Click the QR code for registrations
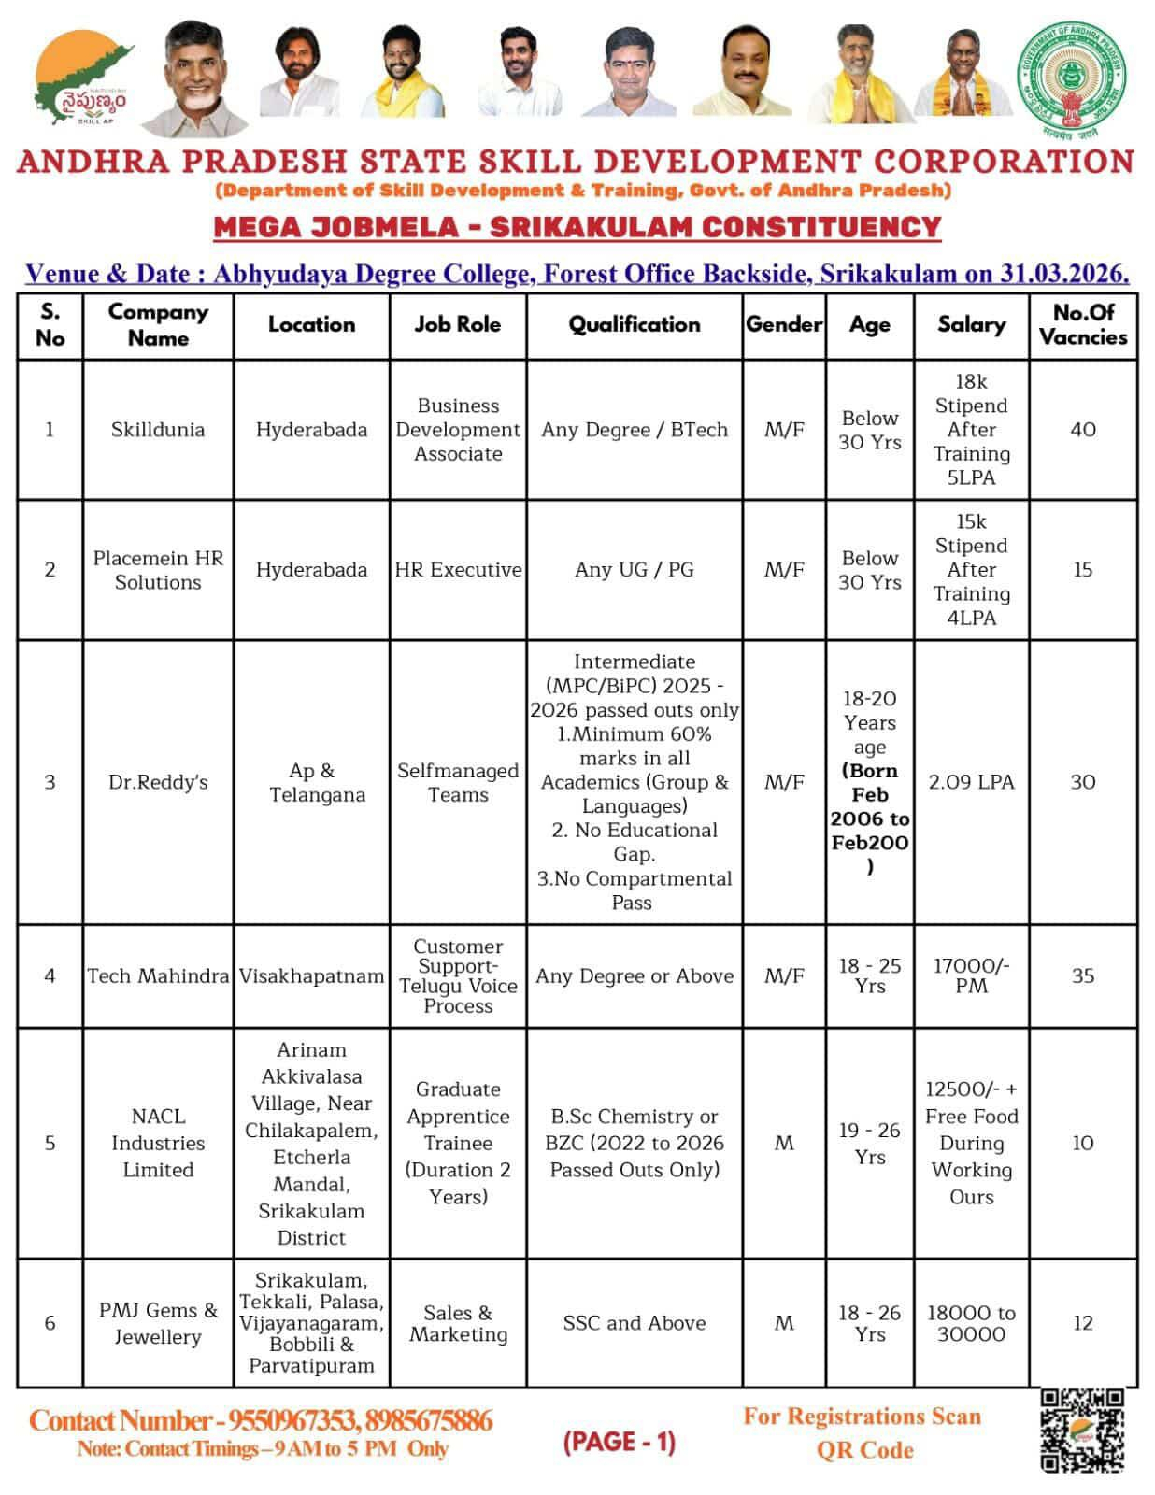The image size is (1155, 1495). click(1082, 1430)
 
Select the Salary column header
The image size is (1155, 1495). click(971, 324)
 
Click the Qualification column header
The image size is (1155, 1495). click(635, 324)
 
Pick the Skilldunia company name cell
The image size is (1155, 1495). click(158, 430)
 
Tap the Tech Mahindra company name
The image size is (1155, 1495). click(158, 975)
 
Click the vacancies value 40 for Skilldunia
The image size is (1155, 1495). click(1083, 430)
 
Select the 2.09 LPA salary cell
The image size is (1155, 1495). click(971, 782)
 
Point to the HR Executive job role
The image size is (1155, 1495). click(458, 570)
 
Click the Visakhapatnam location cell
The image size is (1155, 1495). click(311, 975)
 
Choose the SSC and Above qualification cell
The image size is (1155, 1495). click(635, 1323)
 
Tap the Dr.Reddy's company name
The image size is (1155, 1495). click(158, 782)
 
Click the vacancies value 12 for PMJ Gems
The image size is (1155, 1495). click(1083, 1323)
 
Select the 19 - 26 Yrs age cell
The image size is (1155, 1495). click(869, 1143)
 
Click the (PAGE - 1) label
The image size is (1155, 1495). click(619, 1442)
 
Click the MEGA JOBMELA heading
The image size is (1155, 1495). click(577, 227)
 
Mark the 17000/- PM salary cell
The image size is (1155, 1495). click(971, 975)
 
